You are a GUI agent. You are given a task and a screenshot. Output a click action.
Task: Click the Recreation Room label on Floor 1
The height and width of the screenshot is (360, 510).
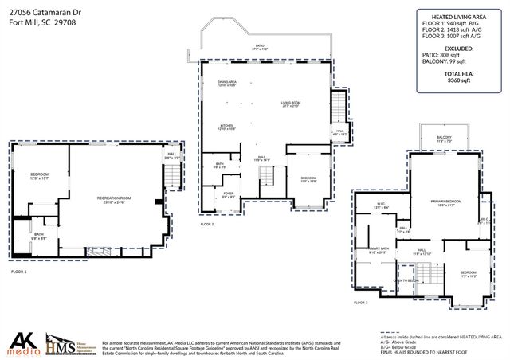[114, 199]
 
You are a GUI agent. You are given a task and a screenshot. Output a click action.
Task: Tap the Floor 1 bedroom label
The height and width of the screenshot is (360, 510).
[40, 176]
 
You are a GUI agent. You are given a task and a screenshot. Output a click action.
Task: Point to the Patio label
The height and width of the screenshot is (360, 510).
[259, 47]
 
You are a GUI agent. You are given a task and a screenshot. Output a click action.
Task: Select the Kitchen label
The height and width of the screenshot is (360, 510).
[227, 126]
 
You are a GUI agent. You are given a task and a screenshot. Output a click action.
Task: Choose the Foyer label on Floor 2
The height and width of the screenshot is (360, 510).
[228, 194]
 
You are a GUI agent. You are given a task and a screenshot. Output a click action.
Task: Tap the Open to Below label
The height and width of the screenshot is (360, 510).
[406, 280]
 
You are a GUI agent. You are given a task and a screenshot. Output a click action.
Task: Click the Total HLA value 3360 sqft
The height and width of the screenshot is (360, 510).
[458, 80]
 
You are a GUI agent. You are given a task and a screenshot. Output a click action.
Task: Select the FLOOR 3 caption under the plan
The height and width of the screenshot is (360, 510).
[360, 303]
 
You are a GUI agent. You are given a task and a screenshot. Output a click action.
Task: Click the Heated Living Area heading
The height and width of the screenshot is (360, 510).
[458, 16]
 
